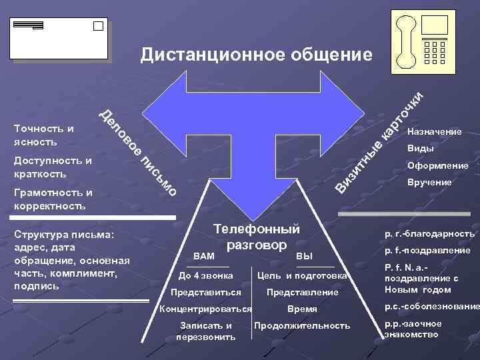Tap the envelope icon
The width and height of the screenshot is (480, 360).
tap(59, 38)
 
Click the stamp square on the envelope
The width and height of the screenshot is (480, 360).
tap(98, 26)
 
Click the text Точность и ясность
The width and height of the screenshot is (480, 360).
tap(44, 135)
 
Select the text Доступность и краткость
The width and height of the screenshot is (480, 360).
tap(53, 167)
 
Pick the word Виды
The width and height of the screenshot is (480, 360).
tap(420, 149)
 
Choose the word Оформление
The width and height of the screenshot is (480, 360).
tap(437, 165)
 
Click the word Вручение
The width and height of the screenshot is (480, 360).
tap(429, 182)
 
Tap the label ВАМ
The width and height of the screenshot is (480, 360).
tap(203, 255)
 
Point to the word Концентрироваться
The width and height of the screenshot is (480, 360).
tap(205, 309)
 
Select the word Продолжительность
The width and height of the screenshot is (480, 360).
tap(301, 325)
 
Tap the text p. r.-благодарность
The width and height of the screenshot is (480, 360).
tap(429, 234)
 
